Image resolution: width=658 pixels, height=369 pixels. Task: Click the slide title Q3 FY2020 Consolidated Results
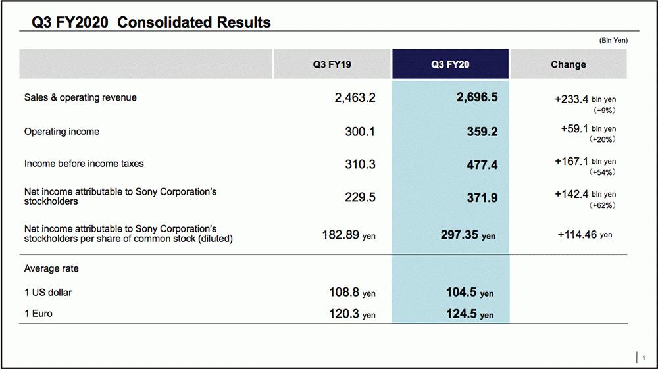(151, 22)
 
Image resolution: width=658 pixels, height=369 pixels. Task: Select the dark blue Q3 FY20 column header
(450, 64)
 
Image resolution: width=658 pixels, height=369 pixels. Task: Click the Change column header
(568, 64)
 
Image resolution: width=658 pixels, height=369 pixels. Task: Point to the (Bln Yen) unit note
(613, 41)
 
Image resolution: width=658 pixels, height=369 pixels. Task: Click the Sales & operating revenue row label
(80, 97)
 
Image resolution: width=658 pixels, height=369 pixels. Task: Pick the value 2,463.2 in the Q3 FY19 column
(355, 98)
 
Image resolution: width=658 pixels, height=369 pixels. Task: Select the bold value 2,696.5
(477, 98)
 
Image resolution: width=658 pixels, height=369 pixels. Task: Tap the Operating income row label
(62, 132)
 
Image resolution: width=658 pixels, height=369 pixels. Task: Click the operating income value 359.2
(482, 132)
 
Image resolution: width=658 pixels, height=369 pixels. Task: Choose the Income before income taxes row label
(84, 164)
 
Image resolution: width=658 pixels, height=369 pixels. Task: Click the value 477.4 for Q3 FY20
(482, 164)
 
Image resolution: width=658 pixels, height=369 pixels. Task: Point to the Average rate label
(51, 268)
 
